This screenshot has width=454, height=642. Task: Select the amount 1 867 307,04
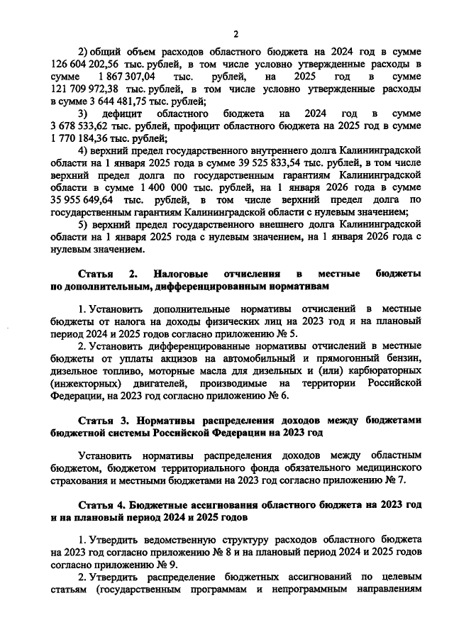click(x=133, y=77)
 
